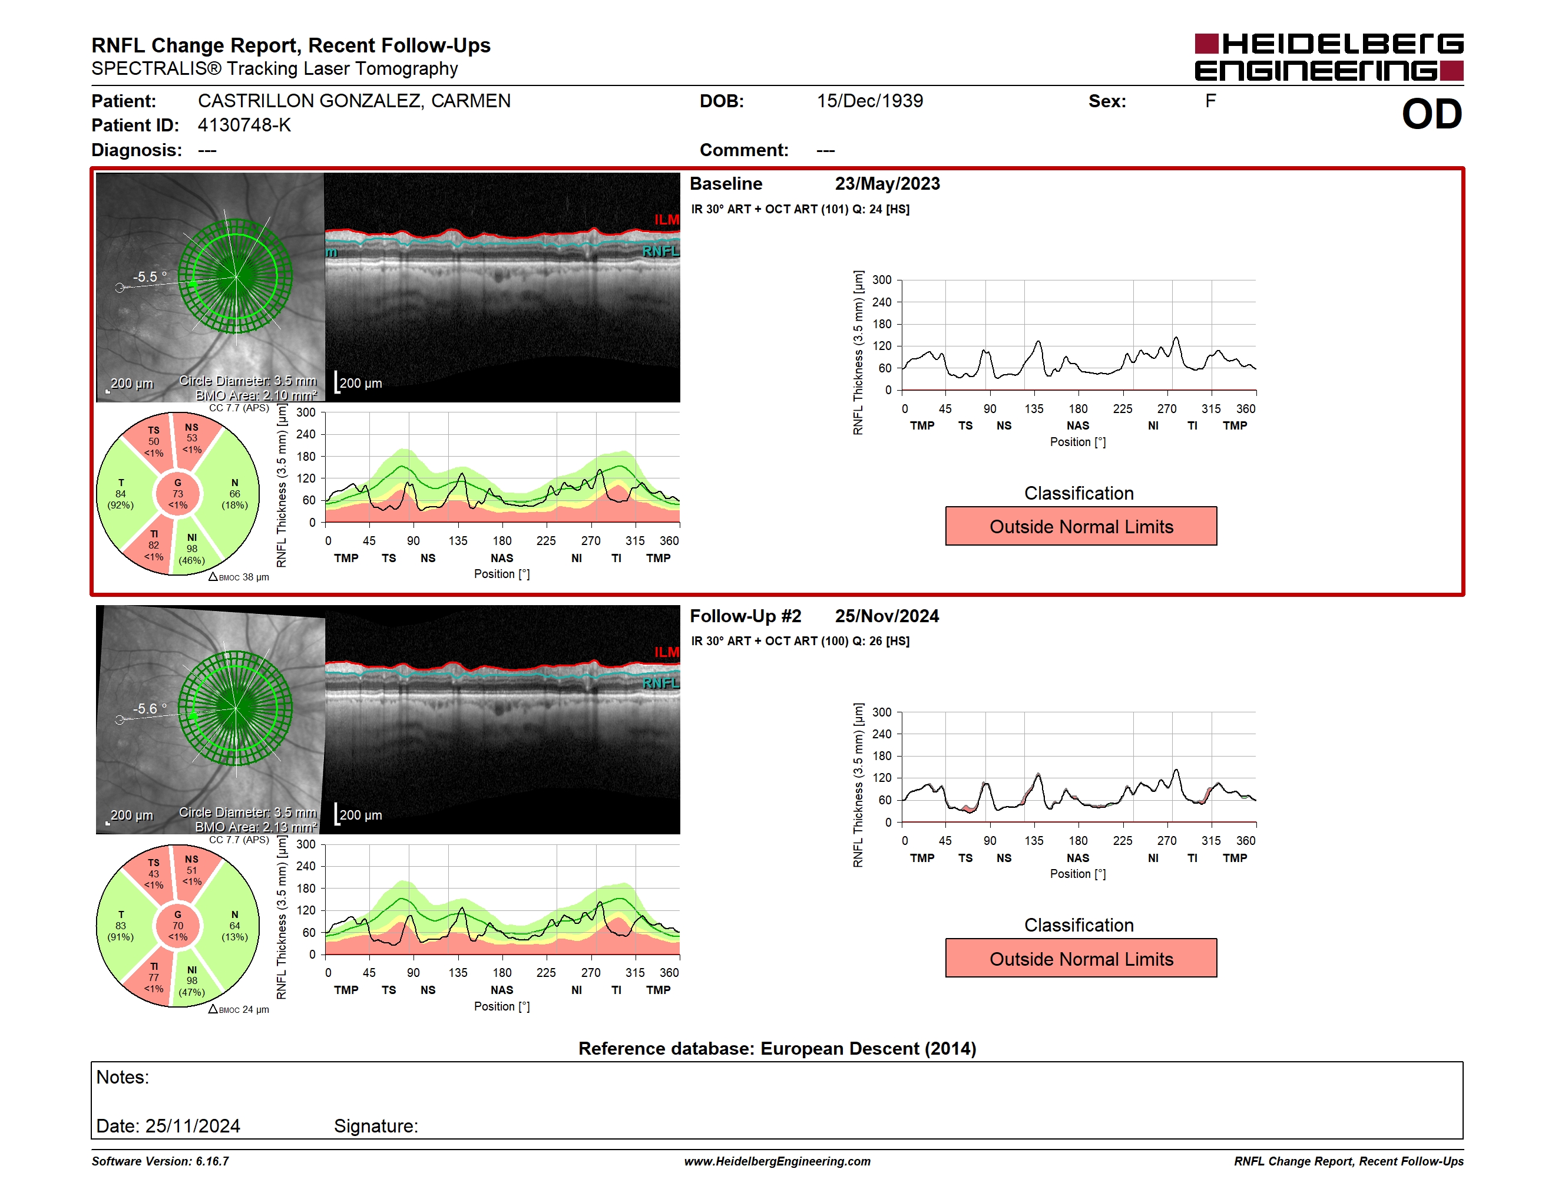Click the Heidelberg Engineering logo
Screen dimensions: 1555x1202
click(x=1329, y=57)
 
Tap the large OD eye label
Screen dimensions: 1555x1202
click(x=1431, y=115)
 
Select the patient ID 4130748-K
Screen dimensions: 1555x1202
click(x=244, y=126)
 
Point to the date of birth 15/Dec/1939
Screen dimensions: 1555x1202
click(x=869, y=101)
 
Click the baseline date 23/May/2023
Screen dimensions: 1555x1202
click(x=887, y=184)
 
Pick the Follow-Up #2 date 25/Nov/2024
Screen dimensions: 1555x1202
click(x=886, y=616)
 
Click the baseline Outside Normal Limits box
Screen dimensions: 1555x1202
click(x=1081, y=526)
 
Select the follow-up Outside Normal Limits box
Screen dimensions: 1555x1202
click(x=1081, y=959)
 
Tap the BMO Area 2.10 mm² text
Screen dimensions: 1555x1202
click(x=256, y=395)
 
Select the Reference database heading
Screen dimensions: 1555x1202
click(x=777, y=1048)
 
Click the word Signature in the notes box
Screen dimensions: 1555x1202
click(x=375, y=1126)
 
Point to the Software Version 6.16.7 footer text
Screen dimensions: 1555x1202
click(x=160, y=1161)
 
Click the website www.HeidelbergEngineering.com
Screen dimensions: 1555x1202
click(x=777, y=1161)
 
